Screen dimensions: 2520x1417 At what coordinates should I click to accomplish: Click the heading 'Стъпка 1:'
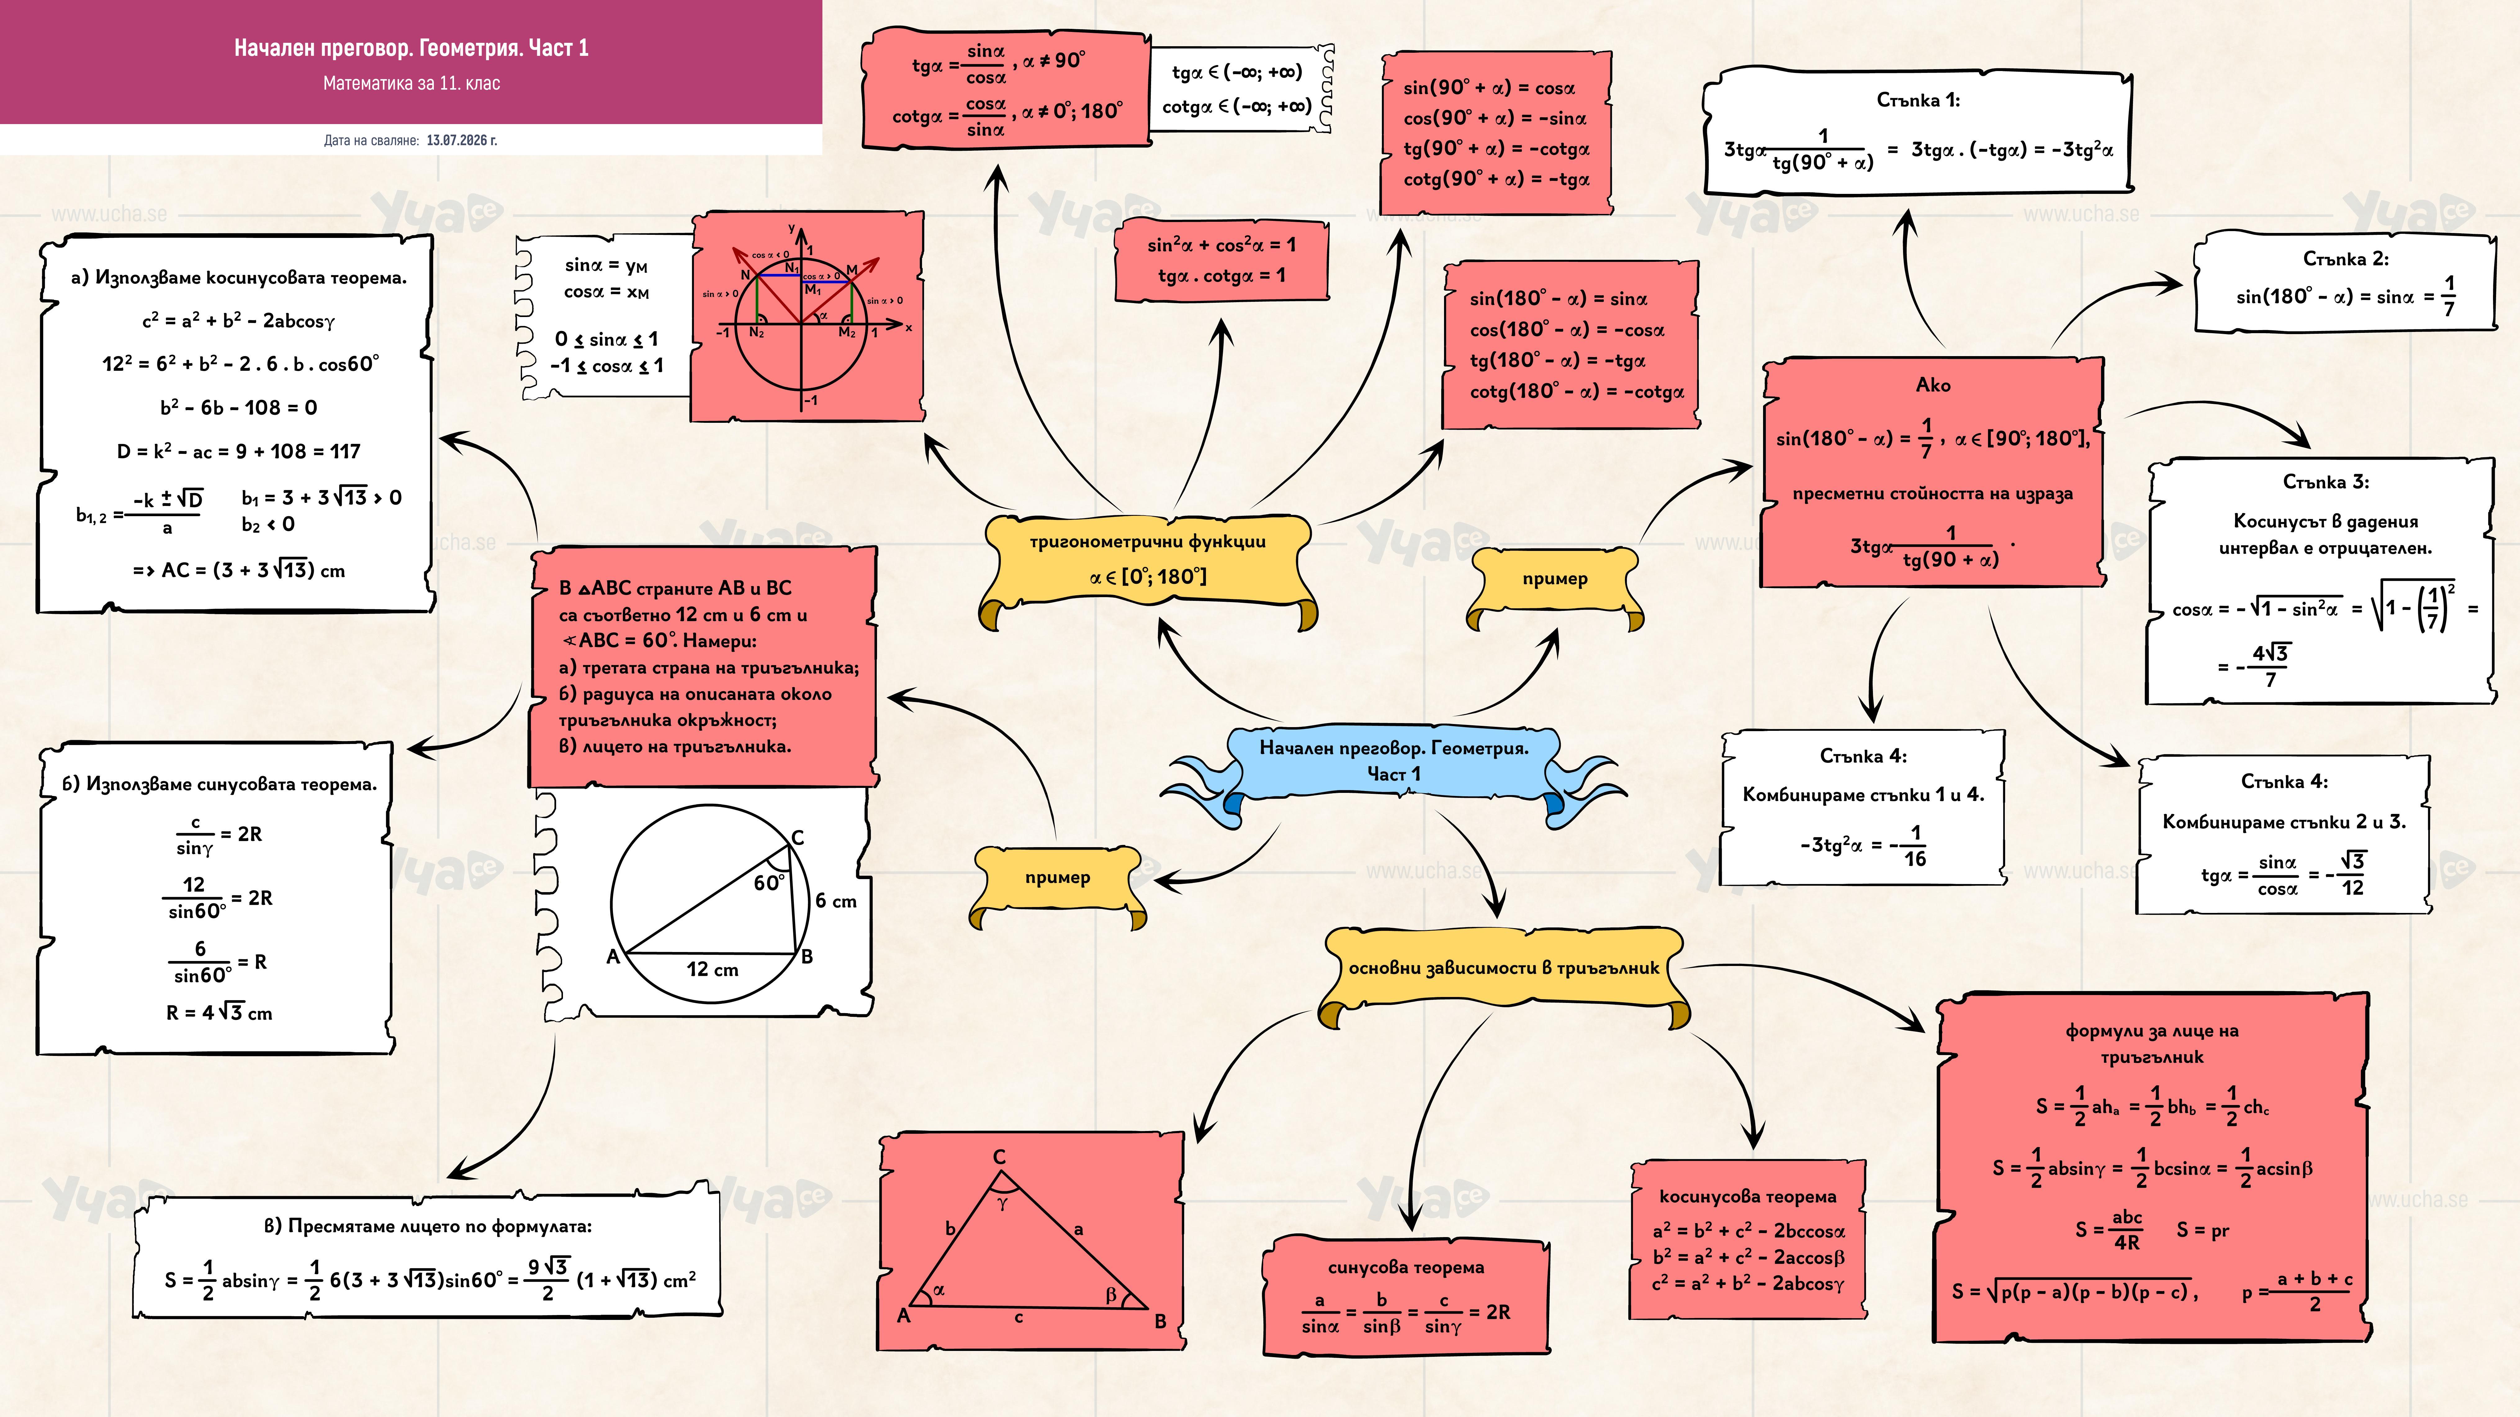(1917, 100)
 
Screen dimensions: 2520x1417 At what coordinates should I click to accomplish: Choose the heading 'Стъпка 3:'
(2325, 482)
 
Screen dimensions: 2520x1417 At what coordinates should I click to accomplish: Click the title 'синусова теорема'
(1406, 1267)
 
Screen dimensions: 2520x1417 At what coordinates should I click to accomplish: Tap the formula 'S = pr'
(2203, 1230)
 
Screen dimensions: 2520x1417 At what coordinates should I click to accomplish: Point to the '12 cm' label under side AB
(712, 969)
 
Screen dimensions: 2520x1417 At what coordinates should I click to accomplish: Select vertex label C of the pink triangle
(999, 1157)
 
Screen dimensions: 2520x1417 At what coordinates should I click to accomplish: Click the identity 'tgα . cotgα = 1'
(1221, 276)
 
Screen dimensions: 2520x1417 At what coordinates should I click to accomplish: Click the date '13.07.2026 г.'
(462, 141)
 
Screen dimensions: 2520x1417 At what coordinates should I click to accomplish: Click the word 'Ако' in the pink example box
(1933, 385)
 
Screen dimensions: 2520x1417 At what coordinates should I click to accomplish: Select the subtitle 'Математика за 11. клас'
(412, 83)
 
